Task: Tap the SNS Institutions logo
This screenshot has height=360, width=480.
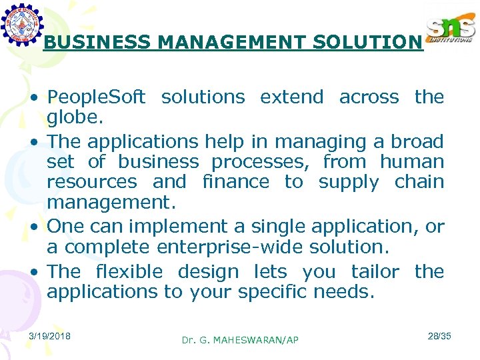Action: click(450, 29)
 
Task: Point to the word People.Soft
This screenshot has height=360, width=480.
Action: click(96, 97)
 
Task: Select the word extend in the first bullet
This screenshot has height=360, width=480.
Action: click(291, 97)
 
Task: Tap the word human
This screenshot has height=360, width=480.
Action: click(411, 162)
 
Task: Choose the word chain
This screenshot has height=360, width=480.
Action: click(419, 182)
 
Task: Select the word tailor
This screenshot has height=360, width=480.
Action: click(375, 272)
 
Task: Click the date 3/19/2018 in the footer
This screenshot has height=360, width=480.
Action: click(51, 335)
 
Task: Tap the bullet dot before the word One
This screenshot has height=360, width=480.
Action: click(33, 227)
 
